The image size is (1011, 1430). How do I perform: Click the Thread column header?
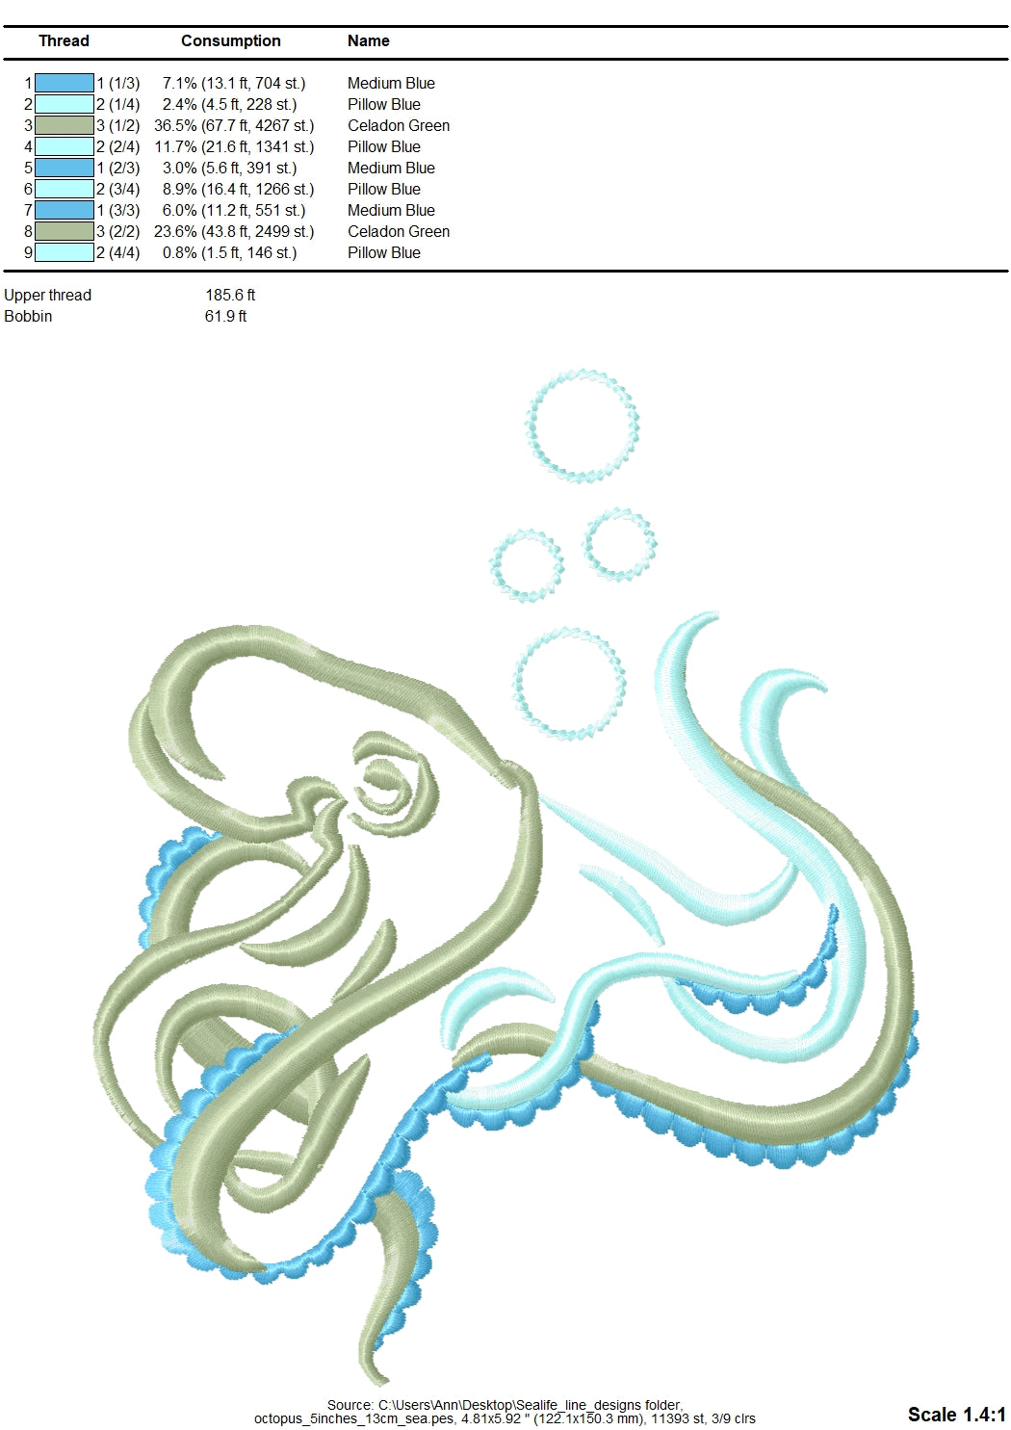pos(64,40)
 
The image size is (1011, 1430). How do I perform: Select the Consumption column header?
pos(230,40)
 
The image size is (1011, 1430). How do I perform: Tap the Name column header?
pos(368,40)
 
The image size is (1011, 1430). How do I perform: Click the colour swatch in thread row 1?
pos(64,83)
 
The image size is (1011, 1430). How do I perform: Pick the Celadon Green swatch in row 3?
pos(64,125)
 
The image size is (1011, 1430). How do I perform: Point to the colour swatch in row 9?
pos(64,252)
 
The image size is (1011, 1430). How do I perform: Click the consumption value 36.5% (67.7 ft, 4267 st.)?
pos(234,125)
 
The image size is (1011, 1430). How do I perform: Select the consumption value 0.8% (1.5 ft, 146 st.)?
pos(229,252)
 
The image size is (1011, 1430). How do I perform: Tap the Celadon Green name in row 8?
pos(398,231)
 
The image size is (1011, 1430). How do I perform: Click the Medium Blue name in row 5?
pos(391,168)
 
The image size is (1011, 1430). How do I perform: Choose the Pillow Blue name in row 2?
pos(383,104)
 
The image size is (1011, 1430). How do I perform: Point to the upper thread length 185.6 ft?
pos(230,295)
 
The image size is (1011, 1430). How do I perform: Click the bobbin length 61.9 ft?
pos(225,316)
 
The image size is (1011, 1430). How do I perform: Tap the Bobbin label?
pos(28,316)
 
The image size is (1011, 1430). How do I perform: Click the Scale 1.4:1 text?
pos(955,1414)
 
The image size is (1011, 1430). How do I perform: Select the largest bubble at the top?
pos(583,425)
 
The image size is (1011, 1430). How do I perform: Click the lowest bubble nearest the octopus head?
pos(569,682)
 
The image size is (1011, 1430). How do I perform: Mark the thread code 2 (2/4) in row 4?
pos(117,146)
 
